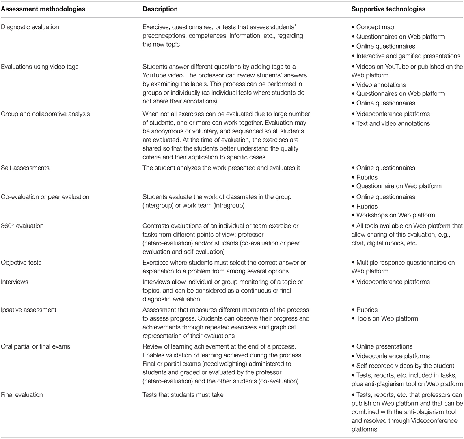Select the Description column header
(x=160, y=9)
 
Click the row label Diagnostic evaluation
(x=30, y=27)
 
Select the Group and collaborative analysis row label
(x=45, y=114)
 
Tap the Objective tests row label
(x=21, y=263)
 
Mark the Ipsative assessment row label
(x=29, y=310)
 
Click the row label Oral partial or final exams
(x=37, y=346)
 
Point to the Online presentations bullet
(x=384, y=346)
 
